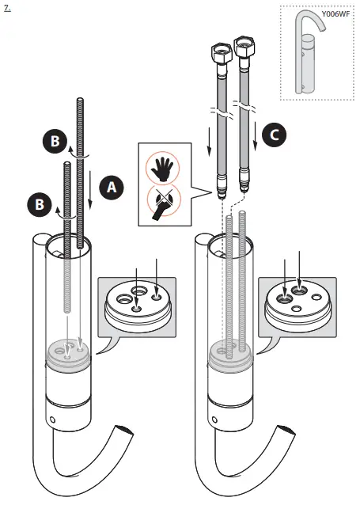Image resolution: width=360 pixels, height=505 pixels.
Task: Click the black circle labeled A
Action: [x=112, y=187]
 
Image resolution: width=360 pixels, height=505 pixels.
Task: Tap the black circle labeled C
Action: [x=275, y=135]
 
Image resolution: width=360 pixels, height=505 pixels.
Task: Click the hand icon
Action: [x=163, y=168]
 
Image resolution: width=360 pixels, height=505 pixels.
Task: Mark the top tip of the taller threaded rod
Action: [x=78, y=101]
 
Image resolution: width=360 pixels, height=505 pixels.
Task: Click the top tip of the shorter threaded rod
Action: [x=65, y=164]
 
